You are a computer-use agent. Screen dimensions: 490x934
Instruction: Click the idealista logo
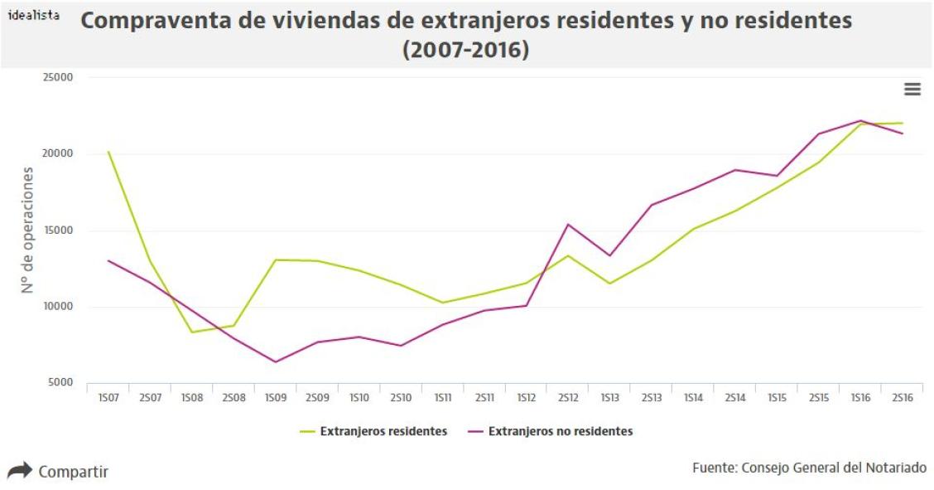pos(33,15)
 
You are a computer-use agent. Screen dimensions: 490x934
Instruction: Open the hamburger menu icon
pos(912,90)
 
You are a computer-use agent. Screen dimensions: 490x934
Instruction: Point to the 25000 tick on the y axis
pos(58,78)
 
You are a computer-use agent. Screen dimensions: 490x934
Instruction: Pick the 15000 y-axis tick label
pos(58,230)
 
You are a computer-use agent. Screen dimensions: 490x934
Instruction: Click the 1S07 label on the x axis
pos(108,399)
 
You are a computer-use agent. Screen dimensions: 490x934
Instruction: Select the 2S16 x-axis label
pos(903,399)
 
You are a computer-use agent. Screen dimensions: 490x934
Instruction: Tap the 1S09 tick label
pos(276,399)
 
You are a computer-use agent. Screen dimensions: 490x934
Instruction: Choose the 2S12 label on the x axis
pos(568,399)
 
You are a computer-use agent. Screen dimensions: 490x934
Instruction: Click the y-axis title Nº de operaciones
pos(28,230)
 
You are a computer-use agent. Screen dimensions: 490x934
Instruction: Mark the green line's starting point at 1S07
pos(108,152)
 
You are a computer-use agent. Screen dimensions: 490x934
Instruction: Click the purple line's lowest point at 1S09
pos(276,362)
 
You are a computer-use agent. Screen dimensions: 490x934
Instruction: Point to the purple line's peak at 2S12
pos(568,224)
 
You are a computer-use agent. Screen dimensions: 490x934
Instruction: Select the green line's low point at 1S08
pos(192,332)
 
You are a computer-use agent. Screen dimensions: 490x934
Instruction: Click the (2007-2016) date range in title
pos(465,50)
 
